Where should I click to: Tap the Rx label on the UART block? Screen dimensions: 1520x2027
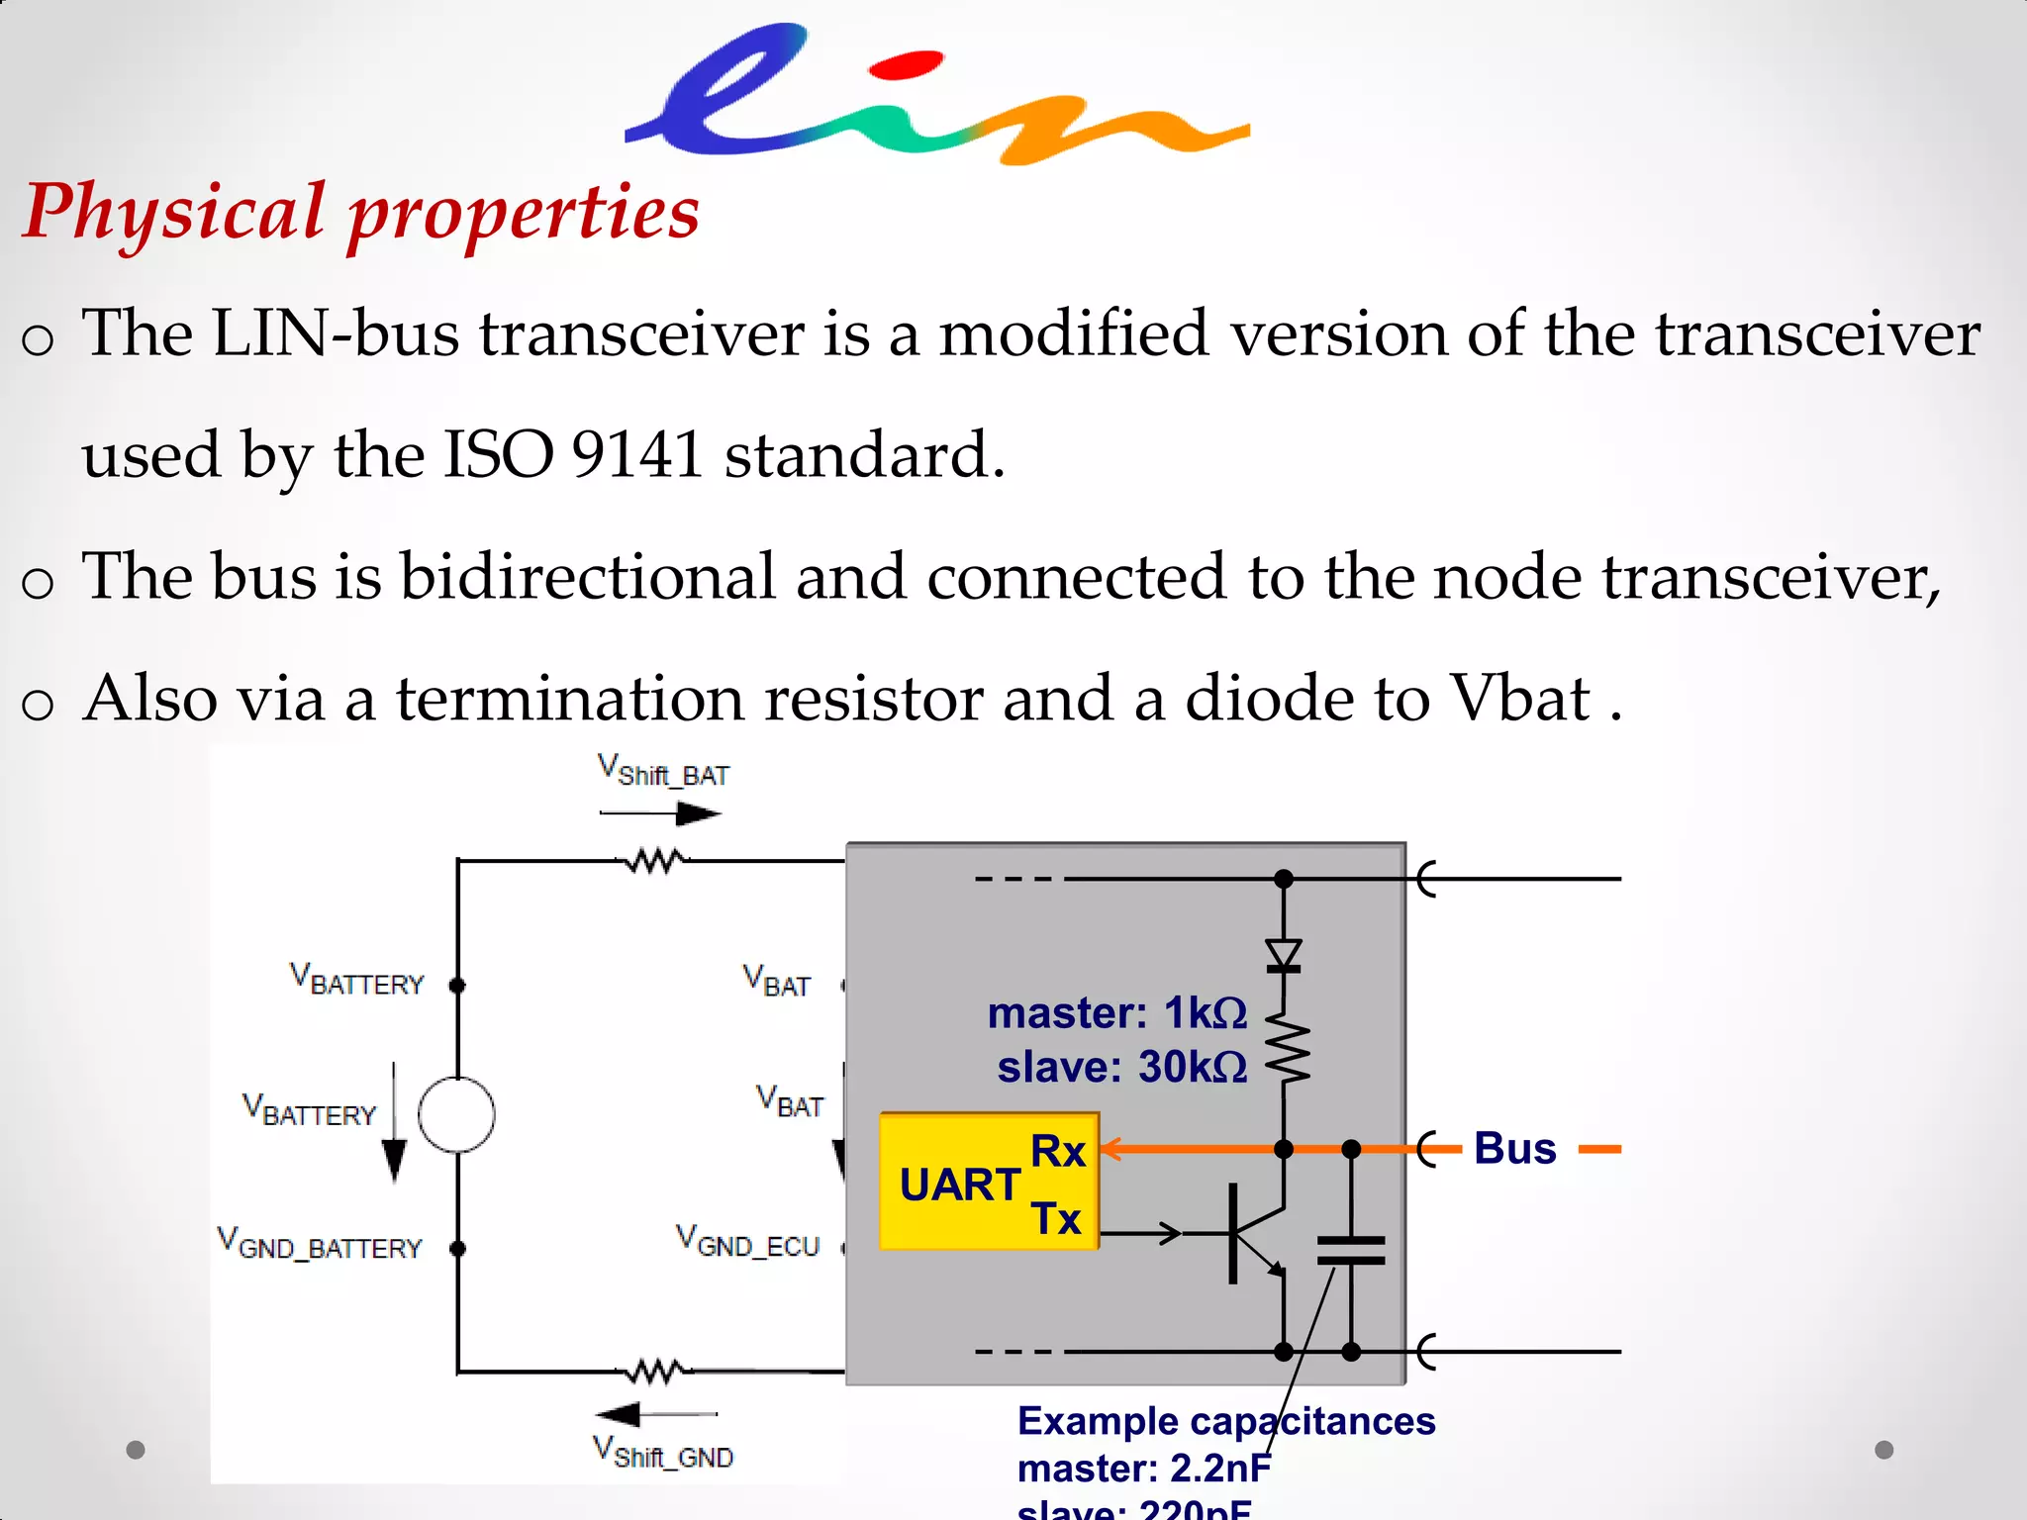(x=1058, y=1151)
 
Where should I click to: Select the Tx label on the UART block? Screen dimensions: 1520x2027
(x=1056, y=1218)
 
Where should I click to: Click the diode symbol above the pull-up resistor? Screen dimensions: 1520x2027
(x=1284, y=955)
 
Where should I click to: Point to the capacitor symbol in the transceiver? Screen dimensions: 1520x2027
(x=1351, y=1251)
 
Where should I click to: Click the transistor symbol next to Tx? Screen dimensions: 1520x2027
(x=1251, y=1233)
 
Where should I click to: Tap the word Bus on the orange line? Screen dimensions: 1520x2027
(x=1514, y=1149)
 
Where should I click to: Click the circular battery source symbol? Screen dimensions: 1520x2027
(x=456, y=1115)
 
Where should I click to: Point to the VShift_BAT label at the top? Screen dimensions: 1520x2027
(x=663, y=771)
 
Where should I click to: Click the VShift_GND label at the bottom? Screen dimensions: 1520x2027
(x=663, y=1453)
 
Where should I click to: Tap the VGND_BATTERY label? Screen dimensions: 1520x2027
(x=320, y=1244)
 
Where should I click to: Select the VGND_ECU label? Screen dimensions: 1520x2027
(x=747, y=1242)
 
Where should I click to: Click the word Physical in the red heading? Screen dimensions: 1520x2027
(x=174, y=212)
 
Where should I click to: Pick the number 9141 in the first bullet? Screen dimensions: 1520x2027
(x=636, y=455)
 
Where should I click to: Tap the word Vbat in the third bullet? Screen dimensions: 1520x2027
(x=1519, y=699)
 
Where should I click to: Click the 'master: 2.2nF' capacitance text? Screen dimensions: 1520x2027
(x=1143, y=1469)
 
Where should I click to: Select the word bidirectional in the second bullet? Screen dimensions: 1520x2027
(x=588, y=577)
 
